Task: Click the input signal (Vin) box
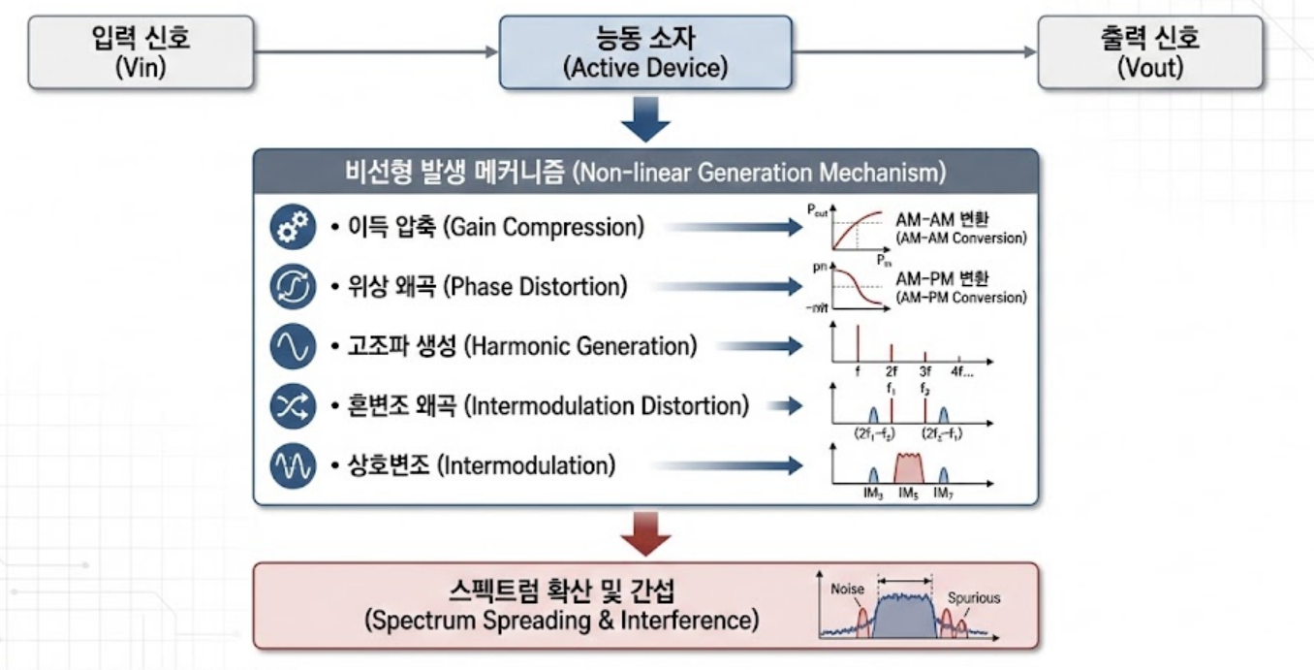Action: pos(141,52)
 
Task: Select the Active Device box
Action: pos(644,52)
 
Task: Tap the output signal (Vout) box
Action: pos(1149,52)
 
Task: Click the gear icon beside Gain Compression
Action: pos(293,228)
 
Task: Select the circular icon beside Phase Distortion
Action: pos(293,288)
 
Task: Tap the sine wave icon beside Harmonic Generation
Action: pos(293,347)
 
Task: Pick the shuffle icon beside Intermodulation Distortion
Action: pos(293,407)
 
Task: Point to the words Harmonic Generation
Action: pos(580,347)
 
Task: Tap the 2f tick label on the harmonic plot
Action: pos(892,370)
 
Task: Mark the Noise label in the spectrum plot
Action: pos(847,589)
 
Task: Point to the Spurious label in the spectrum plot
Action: pos(973,597)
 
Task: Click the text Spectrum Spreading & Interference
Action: pos(561,621)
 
